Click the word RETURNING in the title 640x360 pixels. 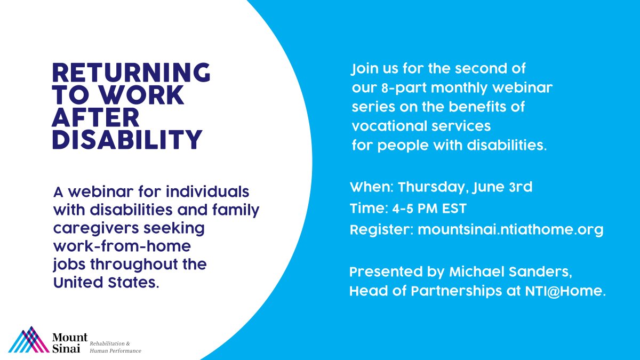[131, 73]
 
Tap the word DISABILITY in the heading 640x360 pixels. [127, 140]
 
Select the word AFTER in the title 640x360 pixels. [95, 117]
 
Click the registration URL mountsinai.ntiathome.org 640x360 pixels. [510, 230]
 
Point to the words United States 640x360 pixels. [105, 283]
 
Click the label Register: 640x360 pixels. [381, 230]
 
